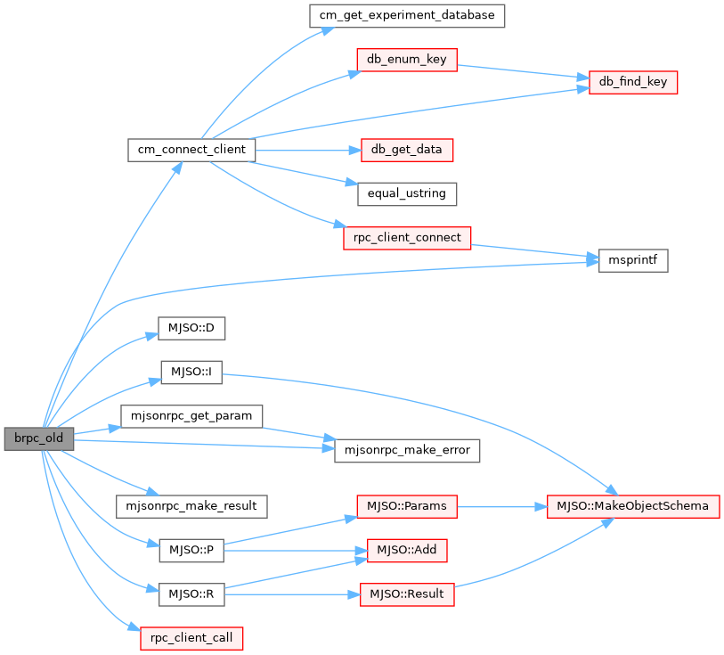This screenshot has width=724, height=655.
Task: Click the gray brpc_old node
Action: pos(38,438)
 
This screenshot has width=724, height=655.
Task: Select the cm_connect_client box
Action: pos(191,149)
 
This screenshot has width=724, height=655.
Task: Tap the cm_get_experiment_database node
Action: pos(407,15)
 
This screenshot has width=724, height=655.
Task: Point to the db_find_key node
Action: pos(633,82)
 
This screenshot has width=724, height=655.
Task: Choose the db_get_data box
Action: pos(407,149)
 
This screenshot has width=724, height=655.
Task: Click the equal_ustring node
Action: pos(407,193)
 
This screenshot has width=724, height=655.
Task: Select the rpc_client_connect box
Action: pos(407,238)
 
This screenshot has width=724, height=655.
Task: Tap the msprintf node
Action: pos(633,260)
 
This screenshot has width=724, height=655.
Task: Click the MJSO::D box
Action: pos(191,328)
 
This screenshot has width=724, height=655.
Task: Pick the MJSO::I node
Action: pos(191,373)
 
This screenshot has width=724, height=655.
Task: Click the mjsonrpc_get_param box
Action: pos(191,416)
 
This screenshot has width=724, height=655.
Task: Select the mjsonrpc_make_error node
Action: pos(407,450)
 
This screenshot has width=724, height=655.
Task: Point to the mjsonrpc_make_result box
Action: pos(191,505)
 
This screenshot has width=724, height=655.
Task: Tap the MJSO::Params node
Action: pos(407,505)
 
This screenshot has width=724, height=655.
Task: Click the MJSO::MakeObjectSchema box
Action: pos(633,505)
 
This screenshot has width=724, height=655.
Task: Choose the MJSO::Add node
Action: pos(407,550)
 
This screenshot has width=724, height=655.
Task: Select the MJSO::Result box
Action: pos(407,594)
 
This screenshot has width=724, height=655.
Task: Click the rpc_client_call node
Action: pos(191,638)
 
